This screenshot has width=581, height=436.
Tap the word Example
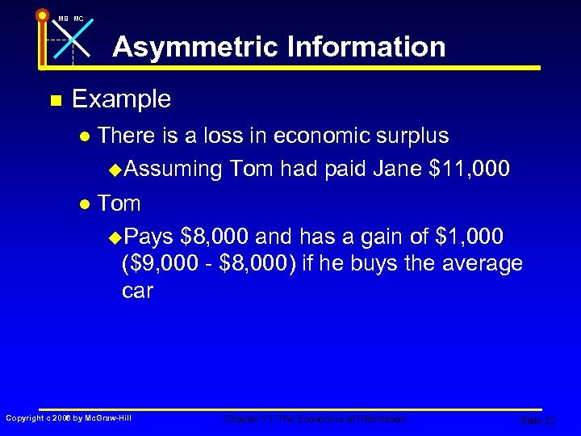[x=122, y=99]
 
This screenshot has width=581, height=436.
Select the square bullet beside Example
[x=55, y=100]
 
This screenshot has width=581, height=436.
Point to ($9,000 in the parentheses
[x=158, y=263]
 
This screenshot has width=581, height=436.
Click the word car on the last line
[x=137, y=291]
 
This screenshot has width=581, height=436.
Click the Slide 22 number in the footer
[x=538, y=420]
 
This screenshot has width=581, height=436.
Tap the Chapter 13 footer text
[x=316, y=419]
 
